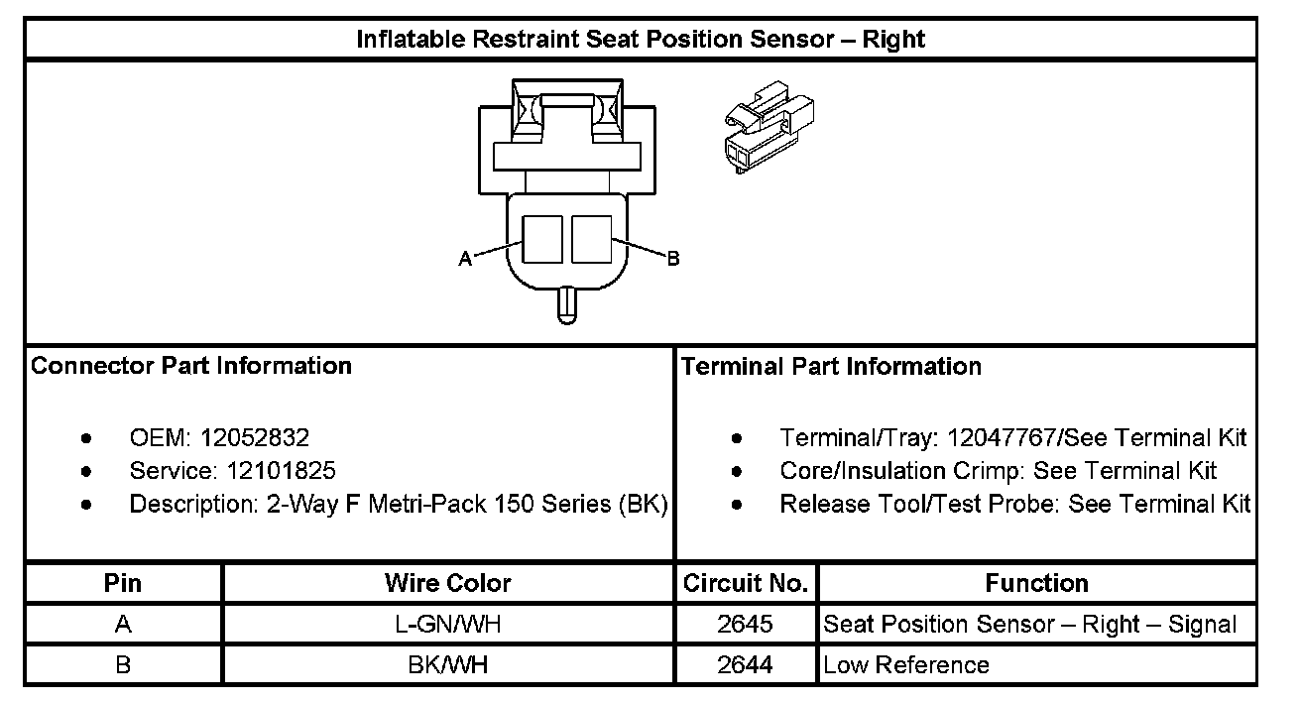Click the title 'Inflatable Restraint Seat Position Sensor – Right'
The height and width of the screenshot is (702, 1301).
click(x=641, y=40)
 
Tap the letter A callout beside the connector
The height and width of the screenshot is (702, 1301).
click(x=464, y=259)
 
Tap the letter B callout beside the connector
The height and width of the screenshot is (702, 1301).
click(x=672, y=259)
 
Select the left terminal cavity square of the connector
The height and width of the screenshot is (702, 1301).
click(x=542, y=239)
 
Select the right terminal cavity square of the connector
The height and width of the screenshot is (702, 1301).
click(x=591, y=239)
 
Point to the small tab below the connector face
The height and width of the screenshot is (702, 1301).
click(x=566, y=302)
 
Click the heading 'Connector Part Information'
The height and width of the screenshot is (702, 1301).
click(x=191, y=366)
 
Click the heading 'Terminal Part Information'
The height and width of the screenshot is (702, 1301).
click(x=831, y=367)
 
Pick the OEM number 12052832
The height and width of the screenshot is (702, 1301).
click(x=255, y=437)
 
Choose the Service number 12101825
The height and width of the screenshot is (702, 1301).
click(x=281, y=470)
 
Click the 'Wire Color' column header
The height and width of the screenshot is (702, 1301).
click(x=448, y=583)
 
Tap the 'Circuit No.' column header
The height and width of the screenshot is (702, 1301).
click(x=746, y=583)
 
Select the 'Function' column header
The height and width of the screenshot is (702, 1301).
click(x=1036, y=583)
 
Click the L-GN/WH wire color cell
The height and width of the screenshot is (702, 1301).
click(x=448, y=625)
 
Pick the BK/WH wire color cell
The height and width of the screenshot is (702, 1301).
click(x=448, y=664)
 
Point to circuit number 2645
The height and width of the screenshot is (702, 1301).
click(x=746, y=625)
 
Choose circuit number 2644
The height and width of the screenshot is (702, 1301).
click(x=746, y=664)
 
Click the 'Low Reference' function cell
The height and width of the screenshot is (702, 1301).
click(x=906, y=664)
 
